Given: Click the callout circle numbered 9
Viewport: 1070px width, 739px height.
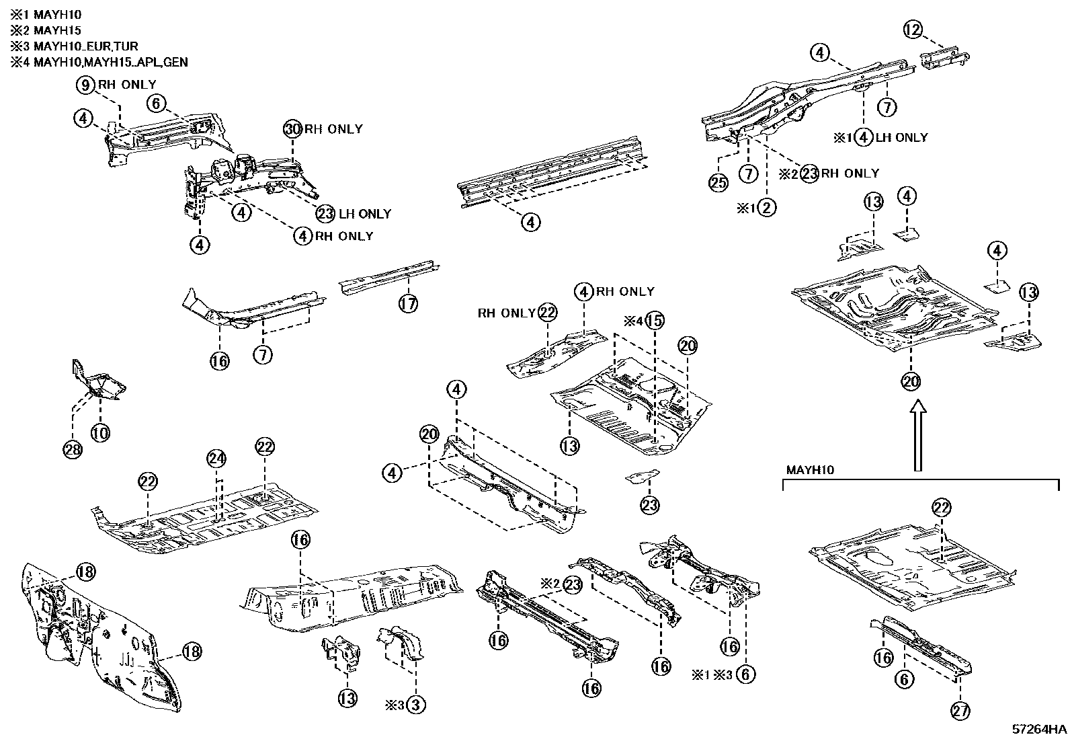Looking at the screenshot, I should (x=86, y=85).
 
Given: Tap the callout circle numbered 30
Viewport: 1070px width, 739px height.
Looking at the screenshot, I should (x=292, y=129).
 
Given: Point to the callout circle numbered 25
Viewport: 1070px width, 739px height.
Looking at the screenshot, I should (x=718, y=182).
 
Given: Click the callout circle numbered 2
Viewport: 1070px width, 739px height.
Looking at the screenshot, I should (x=766, y=208).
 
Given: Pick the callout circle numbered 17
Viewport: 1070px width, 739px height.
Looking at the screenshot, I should (x=408, y=304).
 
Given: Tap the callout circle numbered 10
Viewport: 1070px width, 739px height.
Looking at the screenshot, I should (x=100, y=433).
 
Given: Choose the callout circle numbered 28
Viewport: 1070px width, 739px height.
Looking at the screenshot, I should (x=73, y=450).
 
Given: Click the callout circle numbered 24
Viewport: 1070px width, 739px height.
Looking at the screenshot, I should (x=216, y=459).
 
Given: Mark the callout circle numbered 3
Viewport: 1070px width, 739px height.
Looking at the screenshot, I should (x=415, y=705).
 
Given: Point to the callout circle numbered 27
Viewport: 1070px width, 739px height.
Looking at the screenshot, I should (x=960, y=709).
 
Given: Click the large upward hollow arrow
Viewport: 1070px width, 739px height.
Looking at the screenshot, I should (x=917, y=437).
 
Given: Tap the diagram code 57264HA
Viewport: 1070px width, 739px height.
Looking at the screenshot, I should (x=1040, y=730).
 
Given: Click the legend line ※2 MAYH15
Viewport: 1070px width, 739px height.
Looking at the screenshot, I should (x=46, y=30).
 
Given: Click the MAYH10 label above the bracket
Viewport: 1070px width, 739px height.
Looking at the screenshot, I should (x=810, y=470).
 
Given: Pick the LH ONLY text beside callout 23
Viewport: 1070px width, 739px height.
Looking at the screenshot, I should (x=365, y=214).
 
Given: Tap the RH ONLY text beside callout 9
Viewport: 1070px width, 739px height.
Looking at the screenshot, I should (x=127, y=85).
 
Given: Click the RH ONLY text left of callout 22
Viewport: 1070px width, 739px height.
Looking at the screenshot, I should (x=506, y=313).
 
